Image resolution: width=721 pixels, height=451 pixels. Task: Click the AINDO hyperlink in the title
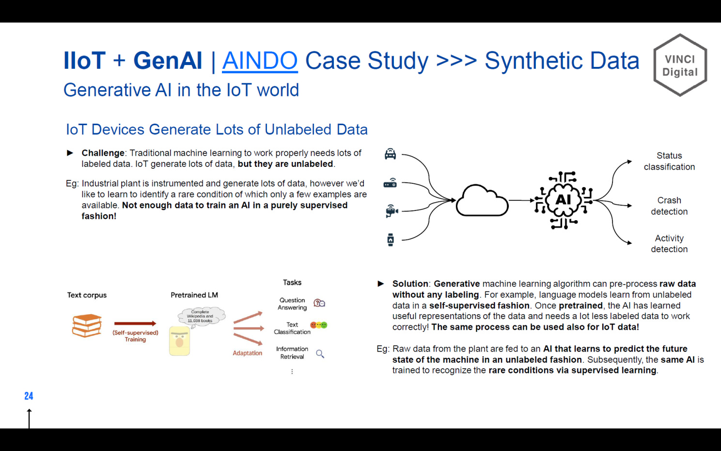tap(260, 61)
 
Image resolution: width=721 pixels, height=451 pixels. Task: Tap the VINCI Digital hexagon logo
tap(680, 65)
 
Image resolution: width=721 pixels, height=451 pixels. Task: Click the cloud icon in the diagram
tap(482, 200)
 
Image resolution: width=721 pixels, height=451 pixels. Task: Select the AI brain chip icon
tap(564, 200)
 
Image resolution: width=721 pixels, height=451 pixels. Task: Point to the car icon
tap(390, 154)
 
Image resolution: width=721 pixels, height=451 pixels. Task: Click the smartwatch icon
tap(391, 240)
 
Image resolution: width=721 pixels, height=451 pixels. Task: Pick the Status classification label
tap(669, 161)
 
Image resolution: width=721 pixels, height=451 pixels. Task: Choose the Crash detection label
tap(669, 206)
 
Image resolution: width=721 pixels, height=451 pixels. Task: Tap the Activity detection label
tap(669, 243)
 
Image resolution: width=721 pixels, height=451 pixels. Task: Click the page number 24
tap(29, 396)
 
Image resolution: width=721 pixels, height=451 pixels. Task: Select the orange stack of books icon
tap(87, 325)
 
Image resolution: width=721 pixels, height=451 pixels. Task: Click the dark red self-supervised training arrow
tap(135, 323)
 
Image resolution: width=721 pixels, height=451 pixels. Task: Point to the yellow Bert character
tap(180, 341)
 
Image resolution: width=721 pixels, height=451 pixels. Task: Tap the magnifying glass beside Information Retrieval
tap(320, 354)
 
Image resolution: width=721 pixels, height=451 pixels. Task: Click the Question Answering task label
tap(292, 304)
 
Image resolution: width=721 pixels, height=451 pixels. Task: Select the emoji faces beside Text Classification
tap(319, 325)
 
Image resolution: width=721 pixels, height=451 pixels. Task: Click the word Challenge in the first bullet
tap(103, 153)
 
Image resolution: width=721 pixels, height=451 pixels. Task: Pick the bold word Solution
tap(410, 284)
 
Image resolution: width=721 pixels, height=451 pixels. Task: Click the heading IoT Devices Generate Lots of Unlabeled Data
tap(217, 129)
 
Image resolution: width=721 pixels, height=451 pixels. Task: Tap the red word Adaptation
tap(247, 353)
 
